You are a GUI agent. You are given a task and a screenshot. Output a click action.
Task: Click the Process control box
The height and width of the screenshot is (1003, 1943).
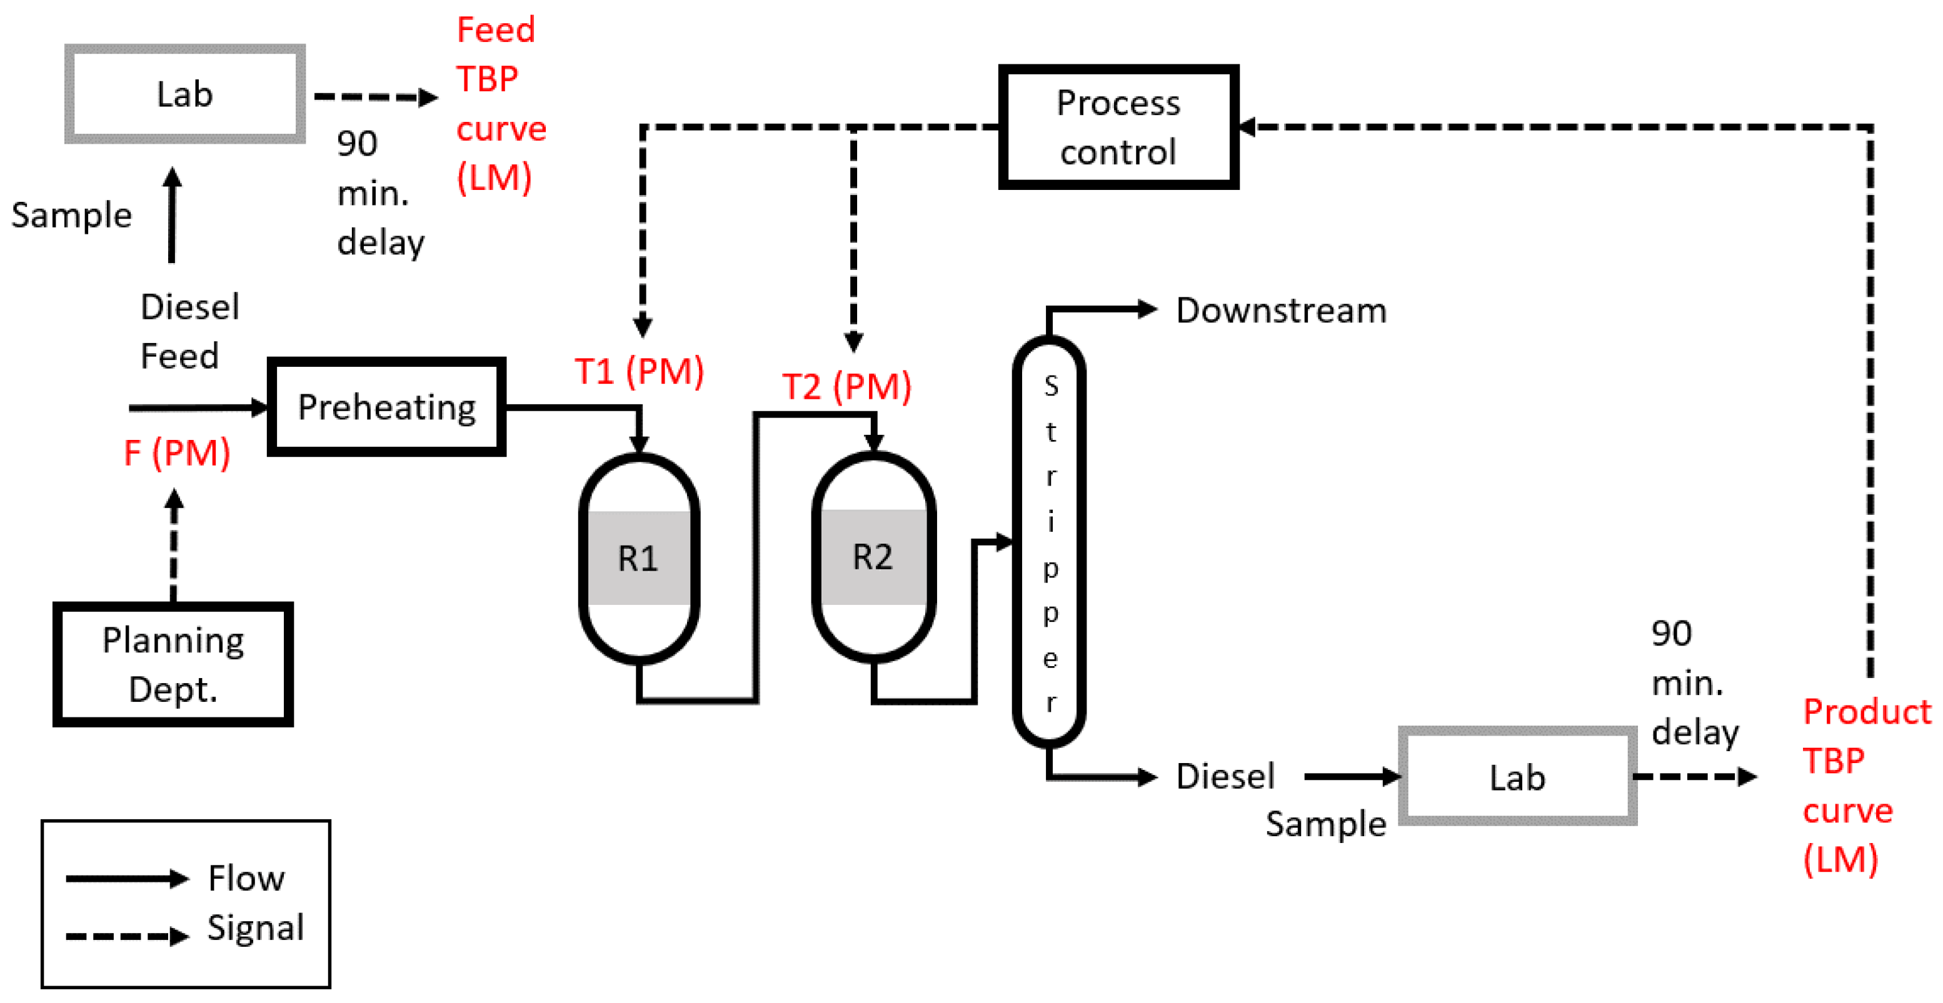click(1118, 127)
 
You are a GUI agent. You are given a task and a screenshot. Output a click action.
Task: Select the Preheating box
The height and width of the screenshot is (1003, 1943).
click(386, 407)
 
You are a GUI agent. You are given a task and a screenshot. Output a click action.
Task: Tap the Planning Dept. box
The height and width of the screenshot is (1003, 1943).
click(173, 664)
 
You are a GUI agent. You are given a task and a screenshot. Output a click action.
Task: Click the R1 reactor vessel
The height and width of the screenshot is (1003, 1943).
click(638, 558)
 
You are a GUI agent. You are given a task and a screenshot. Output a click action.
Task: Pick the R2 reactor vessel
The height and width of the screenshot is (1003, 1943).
click(873, 557)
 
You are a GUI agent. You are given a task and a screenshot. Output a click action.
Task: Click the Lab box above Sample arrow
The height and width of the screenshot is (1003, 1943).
click(185, 94)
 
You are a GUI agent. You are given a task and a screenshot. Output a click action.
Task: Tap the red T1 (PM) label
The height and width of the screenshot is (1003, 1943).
click(639, 371)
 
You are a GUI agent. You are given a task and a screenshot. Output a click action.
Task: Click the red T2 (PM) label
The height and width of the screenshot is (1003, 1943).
click(846, 386)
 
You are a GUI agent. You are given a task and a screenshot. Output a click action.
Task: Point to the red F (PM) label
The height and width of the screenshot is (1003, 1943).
click(176, 452)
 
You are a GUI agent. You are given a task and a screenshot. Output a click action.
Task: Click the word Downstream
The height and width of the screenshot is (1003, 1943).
click(1281, 311)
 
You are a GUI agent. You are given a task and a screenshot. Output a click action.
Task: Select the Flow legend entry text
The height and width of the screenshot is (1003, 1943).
click(246, 878)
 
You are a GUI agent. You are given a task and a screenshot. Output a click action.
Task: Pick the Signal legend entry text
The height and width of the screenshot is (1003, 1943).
click(255, 927)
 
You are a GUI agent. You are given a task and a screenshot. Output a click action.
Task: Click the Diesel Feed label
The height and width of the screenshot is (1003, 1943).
click(189, 331)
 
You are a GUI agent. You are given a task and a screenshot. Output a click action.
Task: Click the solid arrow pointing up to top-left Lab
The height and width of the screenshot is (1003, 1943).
click(172, 214)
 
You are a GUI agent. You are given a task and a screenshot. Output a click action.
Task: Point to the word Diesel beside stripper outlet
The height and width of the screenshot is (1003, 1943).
click(1225, 776)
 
